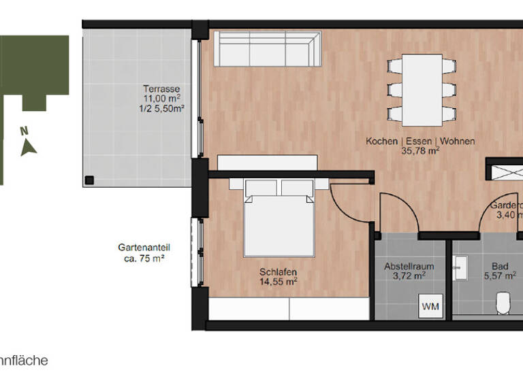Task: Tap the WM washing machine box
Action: point(430,306)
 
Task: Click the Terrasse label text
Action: point(161,88)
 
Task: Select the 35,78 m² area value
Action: point(420,152)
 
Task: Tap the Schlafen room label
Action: point(278,271)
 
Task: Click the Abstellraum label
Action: point(409,266)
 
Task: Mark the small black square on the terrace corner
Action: point(89,180)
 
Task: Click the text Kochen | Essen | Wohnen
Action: point(420,142)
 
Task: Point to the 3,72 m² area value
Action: point(409,276)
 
